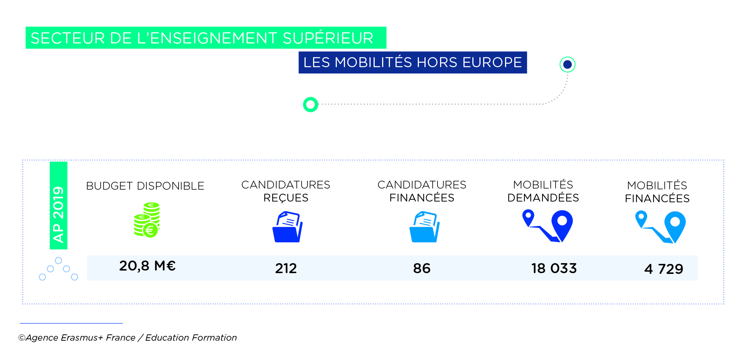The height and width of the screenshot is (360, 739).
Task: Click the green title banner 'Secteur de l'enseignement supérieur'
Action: (206, 38)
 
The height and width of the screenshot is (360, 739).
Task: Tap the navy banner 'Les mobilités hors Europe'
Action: (413, 62)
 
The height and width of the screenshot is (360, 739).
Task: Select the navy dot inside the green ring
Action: (567, 65)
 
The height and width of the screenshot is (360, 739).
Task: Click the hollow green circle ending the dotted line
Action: (310, 105)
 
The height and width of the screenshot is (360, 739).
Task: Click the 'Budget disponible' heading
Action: (145, 186)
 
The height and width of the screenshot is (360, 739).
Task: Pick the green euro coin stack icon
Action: (147, 220)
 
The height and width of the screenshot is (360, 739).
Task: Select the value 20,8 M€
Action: (147, 266)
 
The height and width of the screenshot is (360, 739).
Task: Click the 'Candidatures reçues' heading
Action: (286, 191)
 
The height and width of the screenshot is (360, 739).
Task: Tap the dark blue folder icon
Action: (287, 227)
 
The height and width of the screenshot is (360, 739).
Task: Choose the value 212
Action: (286, 268)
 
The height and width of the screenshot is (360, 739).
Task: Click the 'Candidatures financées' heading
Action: (422, 191)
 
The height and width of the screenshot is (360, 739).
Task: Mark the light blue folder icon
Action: (424, 227)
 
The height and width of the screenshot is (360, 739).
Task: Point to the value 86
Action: (422, 268)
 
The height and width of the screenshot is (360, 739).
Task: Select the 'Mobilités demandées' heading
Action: (543, 191)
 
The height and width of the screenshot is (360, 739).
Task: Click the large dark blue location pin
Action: (562, 224)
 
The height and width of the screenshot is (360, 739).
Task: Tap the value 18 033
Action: (554, 268)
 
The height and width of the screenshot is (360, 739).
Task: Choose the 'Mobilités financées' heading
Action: (657, 192)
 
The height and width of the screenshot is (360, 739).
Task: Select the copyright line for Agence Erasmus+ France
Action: (128, 338)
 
